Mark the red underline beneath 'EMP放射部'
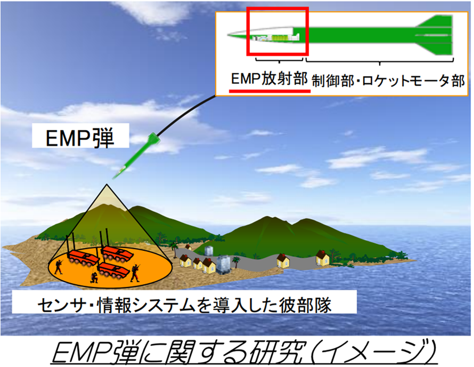pyautogui.click(x=269, y=91)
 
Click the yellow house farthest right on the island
pyautogui.click(x=323, y=259)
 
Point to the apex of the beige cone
pyautogui.click(x=110, y=186)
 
